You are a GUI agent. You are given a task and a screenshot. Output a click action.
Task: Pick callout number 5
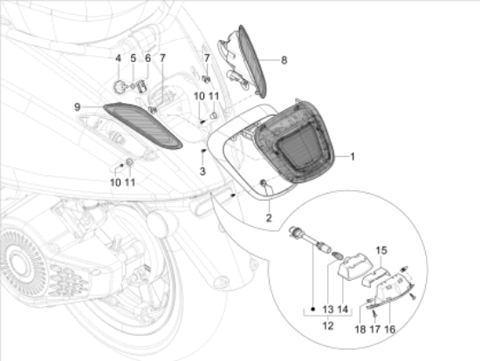coord(134,59)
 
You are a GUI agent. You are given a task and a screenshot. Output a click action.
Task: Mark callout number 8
coord(284,60)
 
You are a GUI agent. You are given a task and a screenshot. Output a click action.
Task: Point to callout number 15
coord(381,251)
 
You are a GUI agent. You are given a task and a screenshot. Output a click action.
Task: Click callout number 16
coord(390,330)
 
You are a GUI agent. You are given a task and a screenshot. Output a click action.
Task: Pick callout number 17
coord(375,330)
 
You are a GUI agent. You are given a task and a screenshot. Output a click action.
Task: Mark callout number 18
coord(360,330)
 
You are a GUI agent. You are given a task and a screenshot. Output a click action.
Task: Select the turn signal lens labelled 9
coord(143,124)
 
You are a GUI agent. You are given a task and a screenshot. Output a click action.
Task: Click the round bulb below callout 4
coord(120,85)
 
